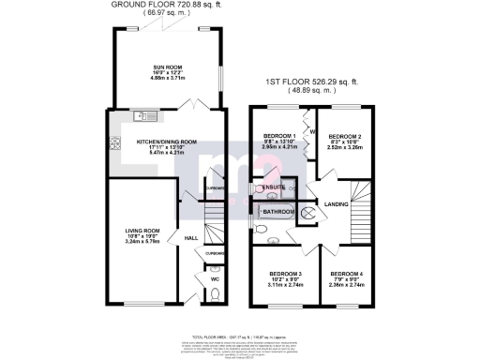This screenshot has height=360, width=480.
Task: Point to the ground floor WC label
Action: (x=215, y=277)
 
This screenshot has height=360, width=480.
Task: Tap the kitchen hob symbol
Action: (x=116, y=144)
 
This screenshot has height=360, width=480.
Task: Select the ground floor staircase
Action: (x=216, y=219)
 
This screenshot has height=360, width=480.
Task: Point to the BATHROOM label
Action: (x=278, y=213)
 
